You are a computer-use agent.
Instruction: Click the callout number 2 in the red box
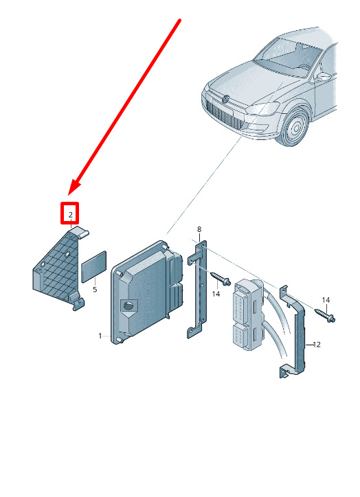click(70, 215)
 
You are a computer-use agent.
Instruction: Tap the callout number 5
click(95, 290)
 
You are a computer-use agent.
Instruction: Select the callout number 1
click(100, 336)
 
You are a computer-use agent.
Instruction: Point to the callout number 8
click(199, 229)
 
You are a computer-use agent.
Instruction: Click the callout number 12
click(317, 345)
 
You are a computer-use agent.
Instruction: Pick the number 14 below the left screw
click(216, 294)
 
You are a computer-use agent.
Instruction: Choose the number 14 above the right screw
click(326, 300)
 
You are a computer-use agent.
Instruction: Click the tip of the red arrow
click(69, 195)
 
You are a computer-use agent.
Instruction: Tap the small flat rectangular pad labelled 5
click(94, 266)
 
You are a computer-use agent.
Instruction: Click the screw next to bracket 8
click(221, 278)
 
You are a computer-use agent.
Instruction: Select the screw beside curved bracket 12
click(325, 315)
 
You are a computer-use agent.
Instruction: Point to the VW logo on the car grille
click(227, 99)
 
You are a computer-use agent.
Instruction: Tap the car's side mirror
click(322, 77)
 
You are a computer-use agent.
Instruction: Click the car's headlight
click(262, 108)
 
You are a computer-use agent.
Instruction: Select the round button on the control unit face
click(128, 306)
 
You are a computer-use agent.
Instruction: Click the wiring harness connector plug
click(248, 314)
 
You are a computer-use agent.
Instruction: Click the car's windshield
click(287, 57)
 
